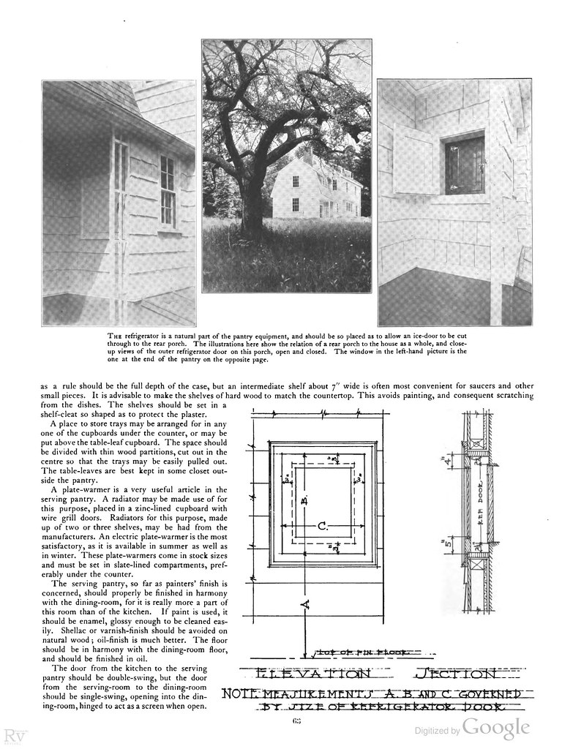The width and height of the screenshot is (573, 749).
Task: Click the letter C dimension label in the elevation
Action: (322, 525)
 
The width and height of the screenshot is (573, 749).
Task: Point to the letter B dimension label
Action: (303, 500)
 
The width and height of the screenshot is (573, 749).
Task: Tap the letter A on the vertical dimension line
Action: (305, 603)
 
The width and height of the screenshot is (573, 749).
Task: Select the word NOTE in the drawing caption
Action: (241, 693)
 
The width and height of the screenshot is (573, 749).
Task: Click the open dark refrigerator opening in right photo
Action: (464, 165)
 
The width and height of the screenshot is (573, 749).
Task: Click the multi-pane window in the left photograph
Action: (167, 190)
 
